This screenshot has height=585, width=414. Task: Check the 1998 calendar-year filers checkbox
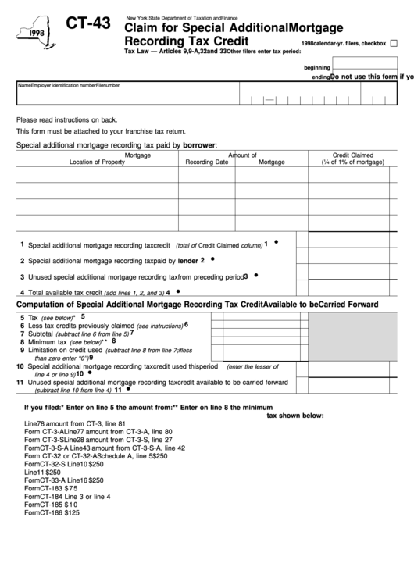tap(394, 43)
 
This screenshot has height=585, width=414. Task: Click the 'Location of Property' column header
tap(97, 162)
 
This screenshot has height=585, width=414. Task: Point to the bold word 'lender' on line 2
tap(187, 261)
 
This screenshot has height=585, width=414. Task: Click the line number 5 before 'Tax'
tap(22, 318)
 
